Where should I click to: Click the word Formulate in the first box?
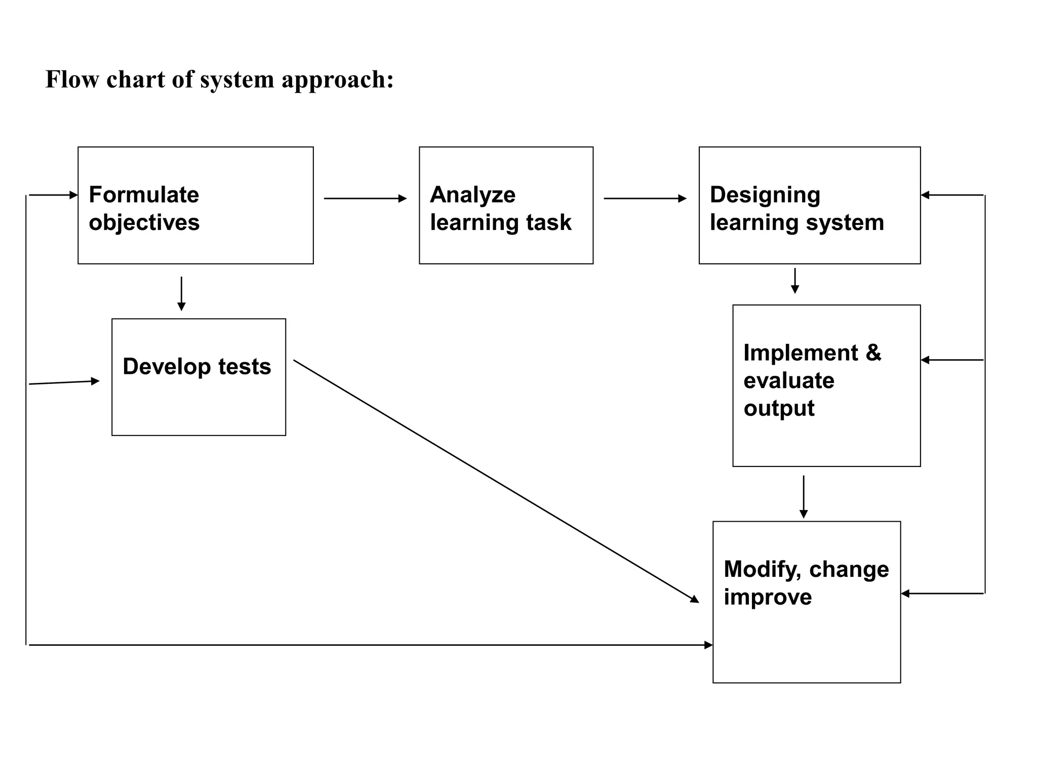click(144, 195)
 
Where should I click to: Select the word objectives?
click(144, 223)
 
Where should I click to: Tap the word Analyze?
click(472, 195)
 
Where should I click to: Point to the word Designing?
click(765, 195)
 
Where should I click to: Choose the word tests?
click(245, 366)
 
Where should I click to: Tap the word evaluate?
click(788, 380)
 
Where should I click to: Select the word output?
click(779, 408)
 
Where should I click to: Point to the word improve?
click(768, 597)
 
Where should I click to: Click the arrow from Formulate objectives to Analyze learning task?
click(365, 199)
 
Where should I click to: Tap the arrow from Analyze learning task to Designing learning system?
click(645, 199)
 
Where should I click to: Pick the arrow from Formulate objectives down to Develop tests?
click(181, 293)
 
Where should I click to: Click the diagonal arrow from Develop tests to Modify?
click(496, 481)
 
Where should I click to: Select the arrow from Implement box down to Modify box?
click(804, 496)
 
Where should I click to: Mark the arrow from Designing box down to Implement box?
click(795, 281)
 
